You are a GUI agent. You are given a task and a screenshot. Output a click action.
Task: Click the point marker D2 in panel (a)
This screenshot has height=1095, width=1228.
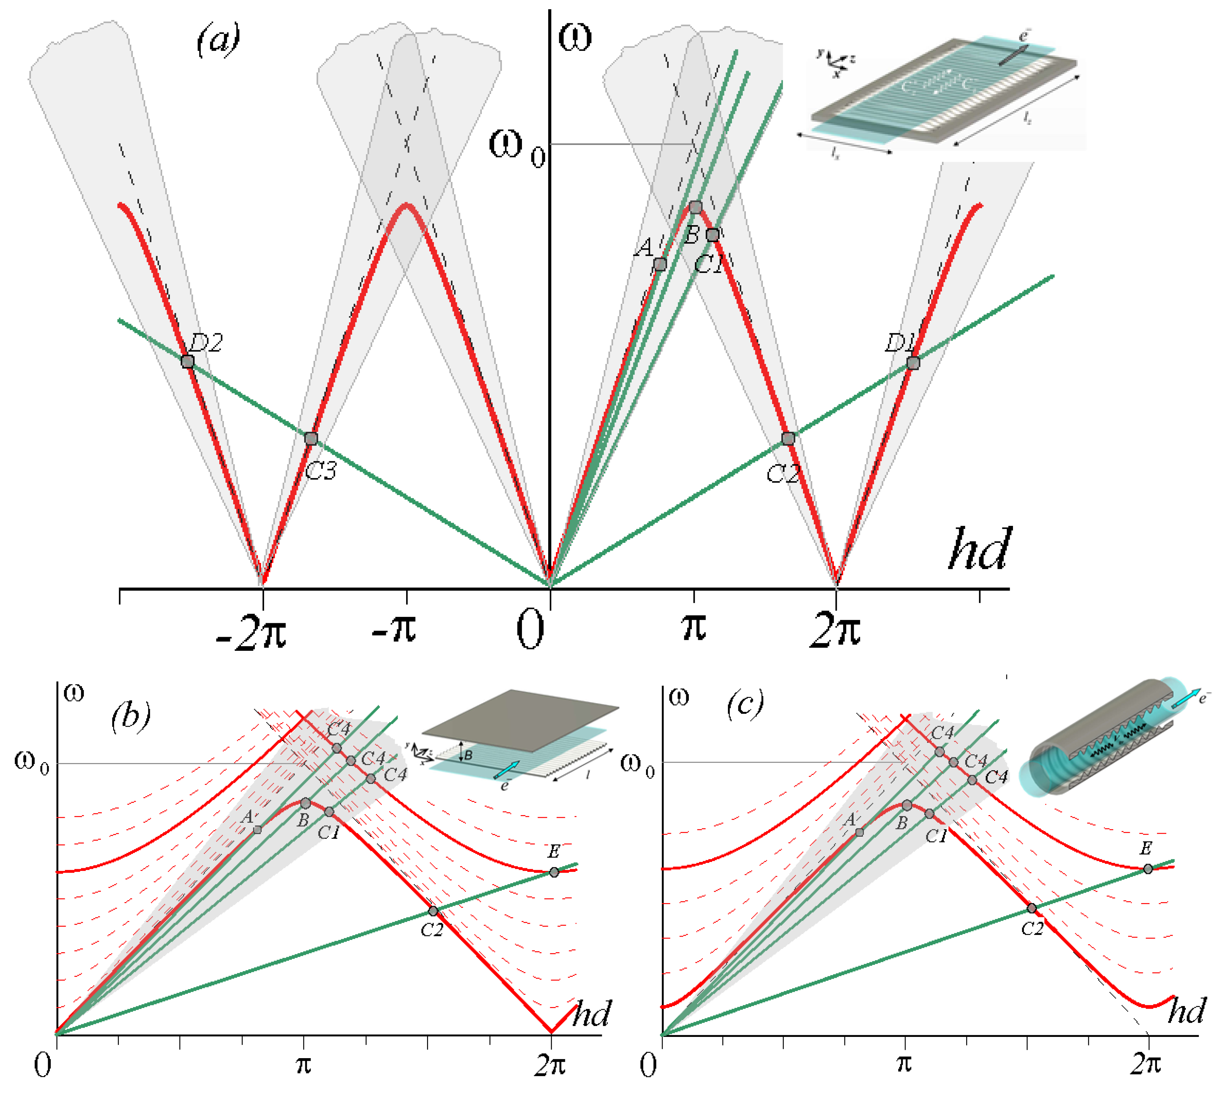(x=187, y=362)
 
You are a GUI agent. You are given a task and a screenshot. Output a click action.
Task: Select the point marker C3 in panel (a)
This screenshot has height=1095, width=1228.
(x=311, y=439)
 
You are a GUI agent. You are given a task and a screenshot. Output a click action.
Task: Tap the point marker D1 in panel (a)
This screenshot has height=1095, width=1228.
(x=913, y=363)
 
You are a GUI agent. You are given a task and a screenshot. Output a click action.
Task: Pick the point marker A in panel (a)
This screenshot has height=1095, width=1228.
(x=660, y=264)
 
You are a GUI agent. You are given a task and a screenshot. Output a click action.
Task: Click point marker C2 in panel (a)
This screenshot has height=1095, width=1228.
(x=788, y=439)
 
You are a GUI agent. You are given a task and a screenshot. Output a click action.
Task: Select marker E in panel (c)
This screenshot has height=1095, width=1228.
(x=1148, y=869)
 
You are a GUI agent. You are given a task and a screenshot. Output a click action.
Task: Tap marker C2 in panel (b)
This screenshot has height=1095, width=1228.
(x=433, y=911)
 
